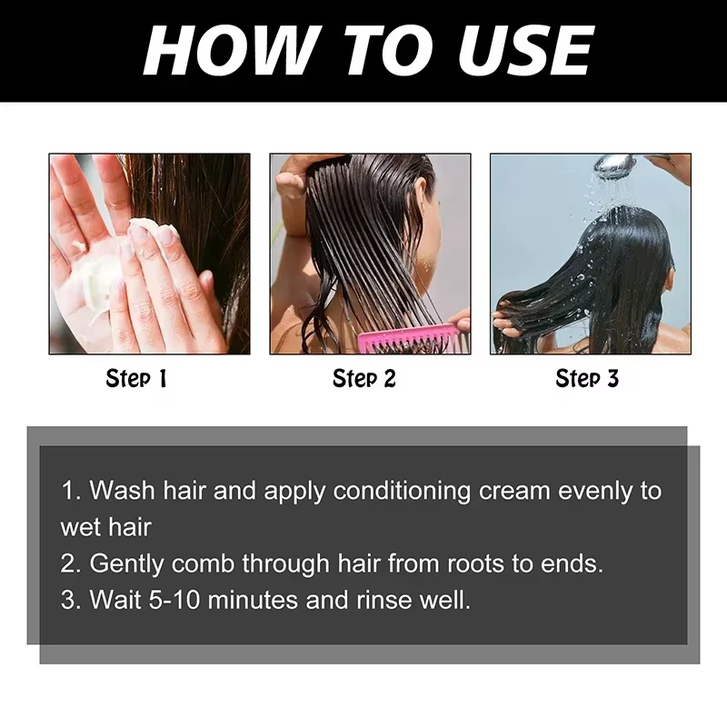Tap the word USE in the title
click(525, 50)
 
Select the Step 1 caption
click(135, 378)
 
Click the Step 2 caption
click(364, 378)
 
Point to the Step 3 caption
click(587, 378)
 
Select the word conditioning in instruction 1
click(402, 492)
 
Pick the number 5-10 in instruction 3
click(174, 600)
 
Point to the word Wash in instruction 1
click(122, 491)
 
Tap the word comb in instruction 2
click(203, 564)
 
